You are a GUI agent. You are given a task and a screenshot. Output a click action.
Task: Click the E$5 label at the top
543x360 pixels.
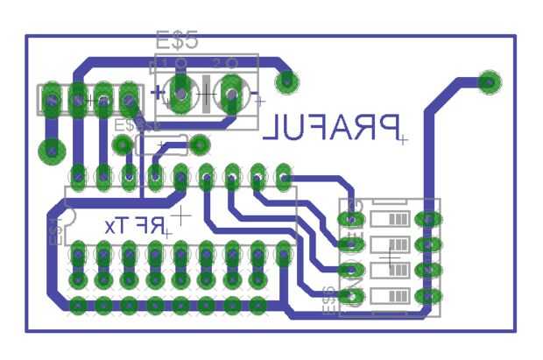coord(177,40)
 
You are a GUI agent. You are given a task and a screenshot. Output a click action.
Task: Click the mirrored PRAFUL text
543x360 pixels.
coord(333,128)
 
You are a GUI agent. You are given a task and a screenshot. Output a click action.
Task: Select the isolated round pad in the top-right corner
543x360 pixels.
coord(490,83)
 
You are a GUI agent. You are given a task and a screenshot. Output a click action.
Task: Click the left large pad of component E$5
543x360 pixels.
coord(181,91)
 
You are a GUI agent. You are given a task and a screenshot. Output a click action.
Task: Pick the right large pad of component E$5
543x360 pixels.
coord(232,91)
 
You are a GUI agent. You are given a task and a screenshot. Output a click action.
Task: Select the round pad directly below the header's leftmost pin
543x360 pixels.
coord(52,151)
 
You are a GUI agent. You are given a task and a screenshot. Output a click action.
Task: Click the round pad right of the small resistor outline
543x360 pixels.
coord(201,143)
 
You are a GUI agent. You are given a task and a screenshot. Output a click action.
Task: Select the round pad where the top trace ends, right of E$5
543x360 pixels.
coord(285,82)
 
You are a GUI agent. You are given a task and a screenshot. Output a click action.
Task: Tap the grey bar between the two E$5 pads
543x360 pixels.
coord(207,91)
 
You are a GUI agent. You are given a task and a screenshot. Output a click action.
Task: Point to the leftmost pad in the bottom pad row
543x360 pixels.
coord(78,306)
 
